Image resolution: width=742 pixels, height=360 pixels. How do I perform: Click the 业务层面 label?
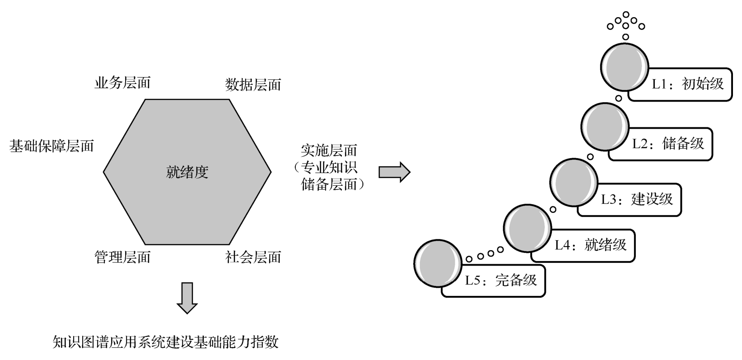122,83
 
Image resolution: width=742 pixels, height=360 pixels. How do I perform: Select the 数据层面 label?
253,84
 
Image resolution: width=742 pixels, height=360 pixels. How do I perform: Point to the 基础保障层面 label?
51,146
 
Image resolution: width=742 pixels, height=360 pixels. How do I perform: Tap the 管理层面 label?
122,257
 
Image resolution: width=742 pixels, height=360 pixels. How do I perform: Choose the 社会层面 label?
253,257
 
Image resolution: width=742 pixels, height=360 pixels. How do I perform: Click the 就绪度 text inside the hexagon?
187,172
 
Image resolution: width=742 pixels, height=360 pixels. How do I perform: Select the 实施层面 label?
329,150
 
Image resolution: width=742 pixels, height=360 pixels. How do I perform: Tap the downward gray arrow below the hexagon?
187,298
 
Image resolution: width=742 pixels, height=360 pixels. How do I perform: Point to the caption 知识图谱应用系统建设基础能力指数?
165,342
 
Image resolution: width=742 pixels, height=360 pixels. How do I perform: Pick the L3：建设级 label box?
636,199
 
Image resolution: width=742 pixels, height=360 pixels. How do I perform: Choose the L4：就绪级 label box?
590,245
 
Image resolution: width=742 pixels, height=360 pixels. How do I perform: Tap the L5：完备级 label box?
501,280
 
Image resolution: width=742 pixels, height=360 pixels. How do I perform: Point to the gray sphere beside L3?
574,182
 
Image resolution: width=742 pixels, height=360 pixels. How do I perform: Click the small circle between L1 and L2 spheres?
619,98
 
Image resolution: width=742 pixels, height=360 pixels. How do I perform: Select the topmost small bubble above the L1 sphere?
626,14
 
